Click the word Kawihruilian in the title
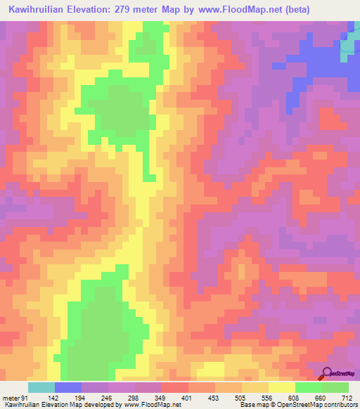[42, 11]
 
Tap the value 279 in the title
[140, 11]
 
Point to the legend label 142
[53, 398]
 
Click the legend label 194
[80, 398]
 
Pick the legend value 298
[135, 398]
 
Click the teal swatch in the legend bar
[41, 387]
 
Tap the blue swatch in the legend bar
[67, 387]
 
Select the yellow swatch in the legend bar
[281, 387]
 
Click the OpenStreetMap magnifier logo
[328, 374]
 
